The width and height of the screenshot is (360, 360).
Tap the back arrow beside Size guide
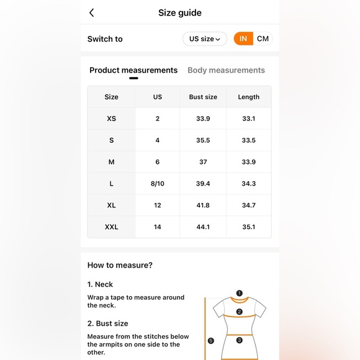(92, 13)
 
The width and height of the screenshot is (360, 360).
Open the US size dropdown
(205, 39)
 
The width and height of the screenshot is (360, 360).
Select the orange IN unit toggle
(243, 38)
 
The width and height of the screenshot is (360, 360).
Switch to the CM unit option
(263, 38)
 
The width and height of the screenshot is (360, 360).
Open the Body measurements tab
(226, 70)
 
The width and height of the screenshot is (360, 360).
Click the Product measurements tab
(133, 70)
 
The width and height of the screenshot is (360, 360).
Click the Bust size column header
(203, 97)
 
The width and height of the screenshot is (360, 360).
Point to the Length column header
(249, 97)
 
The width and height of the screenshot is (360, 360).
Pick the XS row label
(111, 119)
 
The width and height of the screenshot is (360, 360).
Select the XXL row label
(111, 227)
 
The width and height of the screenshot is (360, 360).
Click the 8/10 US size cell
(158, 184)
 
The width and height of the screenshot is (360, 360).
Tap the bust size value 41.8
(203, 205)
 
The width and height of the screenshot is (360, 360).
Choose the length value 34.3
(249, 184)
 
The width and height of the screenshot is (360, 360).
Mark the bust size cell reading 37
(203, 162)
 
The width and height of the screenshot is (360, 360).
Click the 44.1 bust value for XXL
(203, 227)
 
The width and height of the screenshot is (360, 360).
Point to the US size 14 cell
(158, 227)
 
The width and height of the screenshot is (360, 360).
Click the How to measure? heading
(120, 265)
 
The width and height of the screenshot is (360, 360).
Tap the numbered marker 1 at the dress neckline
(239, 293)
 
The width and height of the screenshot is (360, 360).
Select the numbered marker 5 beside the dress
(211, 341)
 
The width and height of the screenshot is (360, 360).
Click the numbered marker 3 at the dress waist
(239, 340)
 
